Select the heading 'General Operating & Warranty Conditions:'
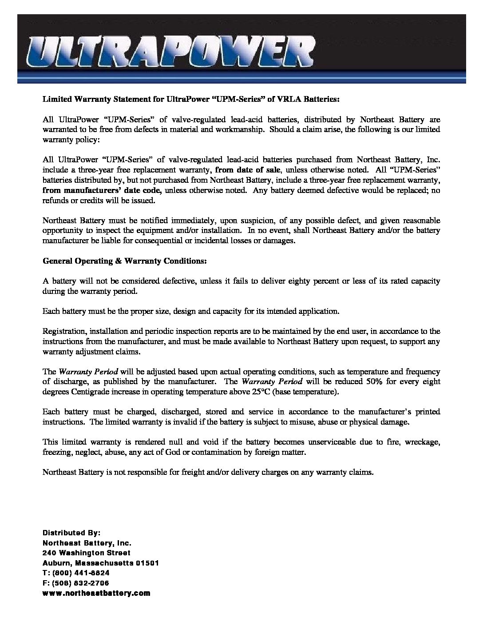tap(124, 261)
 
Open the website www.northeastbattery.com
tap(96, 593)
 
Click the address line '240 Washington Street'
tap(86, 553)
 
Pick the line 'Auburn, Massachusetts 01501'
tap(100, 563)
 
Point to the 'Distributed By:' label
tap(71, 532)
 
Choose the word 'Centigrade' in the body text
tap(89, 392)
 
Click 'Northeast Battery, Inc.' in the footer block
tap(87, 542)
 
